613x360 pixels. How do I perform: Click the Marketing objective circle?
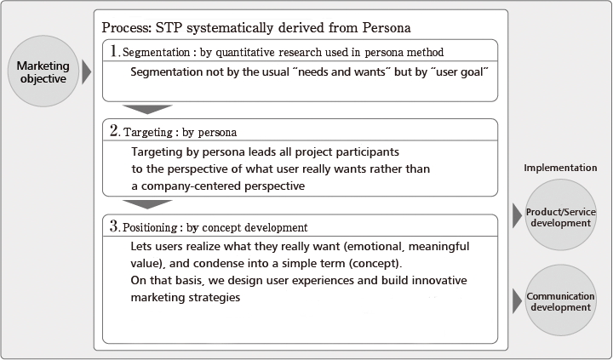point(43,71)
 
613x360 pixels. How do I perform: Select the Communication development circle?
point(560,300)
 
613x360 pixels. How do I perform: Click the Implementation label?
point(560,168)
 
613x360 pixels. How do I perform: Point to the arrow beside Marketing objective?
point(86,72)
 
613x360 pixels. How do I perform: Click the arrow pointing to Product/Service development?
point(518,215)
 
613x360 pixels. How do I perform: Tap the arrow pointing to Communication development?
point(518,301)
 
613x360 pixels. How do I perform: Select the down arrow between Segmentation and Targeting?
point(147,110)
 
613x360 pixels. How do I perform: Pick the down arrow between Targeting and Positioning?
point(147,204)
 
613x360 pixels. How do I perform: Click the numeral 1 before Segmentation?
point(114,51)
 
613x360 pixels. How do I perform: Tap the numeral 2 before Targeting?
point(114,130)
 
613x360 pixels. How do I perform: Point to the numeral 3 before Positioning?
point(114,226)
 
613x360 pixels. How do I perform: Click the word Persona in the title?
point(387,28)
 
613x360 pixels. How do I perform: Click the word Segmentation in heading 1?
point(157,53)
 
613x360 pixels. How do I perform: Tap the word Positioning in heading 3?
point(150,227)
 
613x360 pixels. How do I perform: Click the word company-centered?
point(191,186)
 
